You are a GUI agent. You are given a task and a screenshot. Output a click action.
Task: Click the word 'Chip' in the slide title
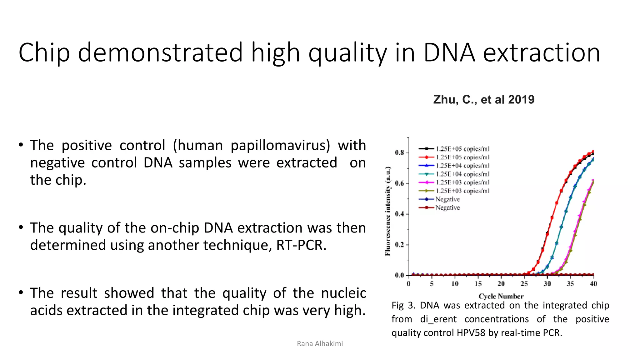click(x=44, y=52)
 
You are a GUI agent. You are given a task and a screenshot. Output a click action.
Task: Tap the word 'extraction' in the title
click(x=541, y=52)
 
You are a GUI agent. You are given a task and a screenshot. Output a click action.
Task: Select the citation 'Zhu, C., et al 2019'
click(x=483, y=100)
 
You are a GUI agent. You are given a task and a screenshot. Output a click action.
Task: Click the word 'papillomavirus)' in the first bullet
click(x=280, y=146)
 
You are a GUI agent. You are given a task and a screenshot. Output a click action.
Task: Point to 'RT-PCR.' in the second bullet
click(x=301, y=245)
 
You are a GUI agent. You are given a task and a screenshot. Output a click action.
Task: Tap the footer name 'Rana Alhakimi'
click(x=320, y=344)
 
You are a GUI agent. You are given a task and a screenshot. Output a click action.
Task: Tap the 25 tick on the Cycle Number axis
click(x=524, y=284)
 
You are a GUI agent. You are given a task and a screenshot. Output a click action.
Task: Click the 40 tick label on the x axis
click(x=593, y=284)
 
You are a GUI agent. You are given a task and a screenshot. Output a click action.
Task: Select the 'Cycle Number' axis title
click(x=501, y=296)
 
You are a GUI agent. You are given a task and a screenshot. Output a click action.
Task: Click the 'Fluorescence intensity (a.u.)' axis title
click(x=388, y=212)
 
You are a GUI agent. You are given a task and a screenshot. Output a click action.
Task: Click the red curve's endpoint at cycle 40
click(x=593, y=152)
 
